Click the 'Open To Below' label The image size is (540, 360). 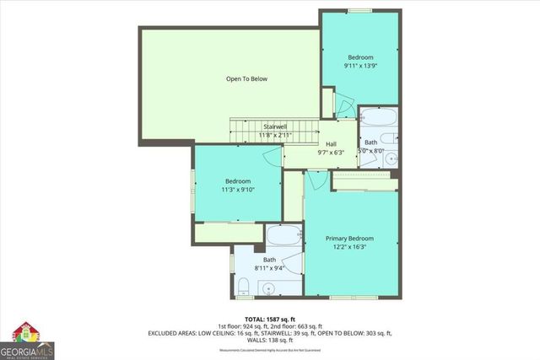click(x=246, y=79)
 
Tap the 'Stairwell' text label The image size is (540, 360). click(x=275, y=126)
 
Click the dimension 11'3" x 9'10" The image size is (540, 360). click(x=237, y=190)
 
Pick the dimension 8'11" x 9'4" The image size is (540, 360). click(x=269, y=268)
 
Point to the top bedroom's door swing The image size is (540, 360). click(x=344, y=105)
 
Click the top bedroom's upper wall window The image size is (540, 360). click(x=360, y=11)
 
